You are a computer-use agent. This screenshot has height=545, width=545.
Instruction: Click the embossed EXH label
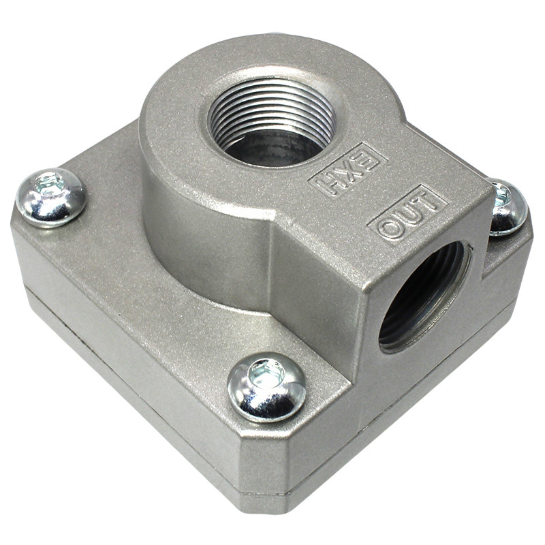[x=348, y=170]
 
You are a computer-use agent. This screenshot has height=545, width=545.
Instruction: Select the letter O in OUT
[x=389, y=230]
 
